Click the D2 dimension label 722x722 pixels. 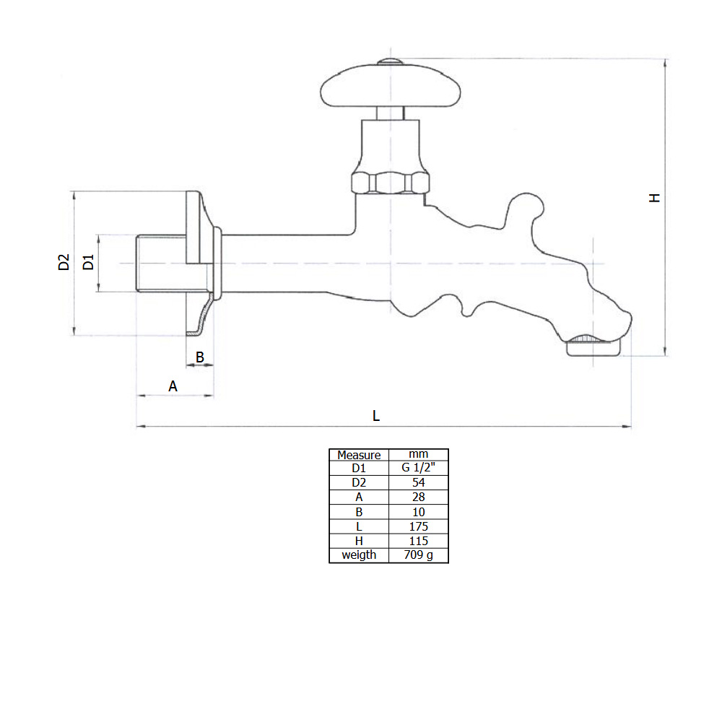64,262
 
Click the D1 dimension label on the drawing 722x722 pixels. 88,262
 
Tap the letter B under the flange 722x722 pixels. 200,357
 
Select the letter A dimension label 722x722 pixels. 173,386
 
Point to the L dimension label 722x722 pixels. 375,416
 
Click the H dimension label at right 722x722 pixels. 654,198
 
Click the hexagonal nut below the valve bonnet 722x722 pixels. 391,183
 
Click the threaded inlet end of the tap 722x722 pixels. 161,264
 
